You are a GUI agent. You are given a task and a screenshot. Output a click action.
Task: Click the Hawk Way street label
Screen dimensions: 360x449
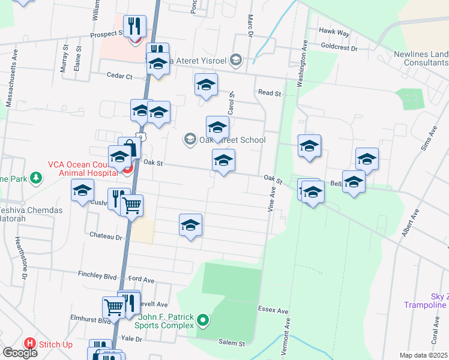[335, 32]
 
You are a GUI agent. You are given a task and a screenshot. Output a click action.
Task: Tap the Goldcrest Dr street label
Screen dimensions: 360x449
[339, 46]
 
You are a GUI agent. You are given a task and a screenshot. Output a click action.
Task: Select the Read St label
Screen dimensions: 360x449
[270, 93]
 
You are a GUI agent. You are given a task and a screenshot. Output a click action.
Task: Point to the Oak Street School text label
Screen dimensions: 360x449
[232, 140]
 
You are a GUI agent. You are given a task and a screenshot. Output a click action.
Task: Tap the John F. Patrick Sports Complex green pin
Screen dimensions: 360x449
[203, 320]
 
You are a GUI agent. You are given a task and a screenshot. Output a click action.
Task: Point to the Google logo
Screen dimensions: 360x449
[20, 353]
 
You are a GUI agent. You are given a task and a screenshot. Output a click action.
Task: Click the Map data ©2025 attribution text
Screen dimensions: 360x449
[424, 355]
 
